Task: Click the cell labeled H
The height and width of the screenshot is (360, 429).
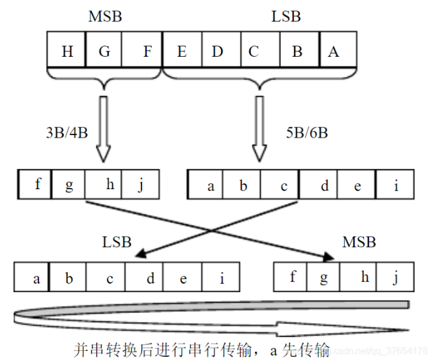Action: [67, 52]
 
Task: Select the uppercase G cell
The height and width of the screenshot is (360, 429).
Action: [104, 52]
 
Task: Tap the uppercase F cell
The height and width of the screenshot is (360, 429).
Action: [147, 52]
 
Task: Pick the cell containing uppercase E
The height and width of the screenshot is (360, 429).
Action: [181, 52]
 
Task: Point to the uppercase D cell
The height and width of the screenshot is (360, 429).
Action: [217, 52]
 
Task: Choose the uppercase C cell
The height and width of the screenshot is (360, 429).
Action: [254, 52]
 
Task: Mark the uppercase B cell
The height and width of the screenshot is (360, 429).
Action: [297, 52]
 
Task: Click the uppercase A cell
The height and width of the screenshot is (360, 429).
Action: [333, 52]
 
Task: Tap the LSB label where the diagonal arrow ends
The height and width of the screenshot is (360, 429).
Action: [117, 242]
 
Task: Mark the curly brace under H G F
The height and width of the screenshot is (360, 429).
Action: [104, 80]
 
